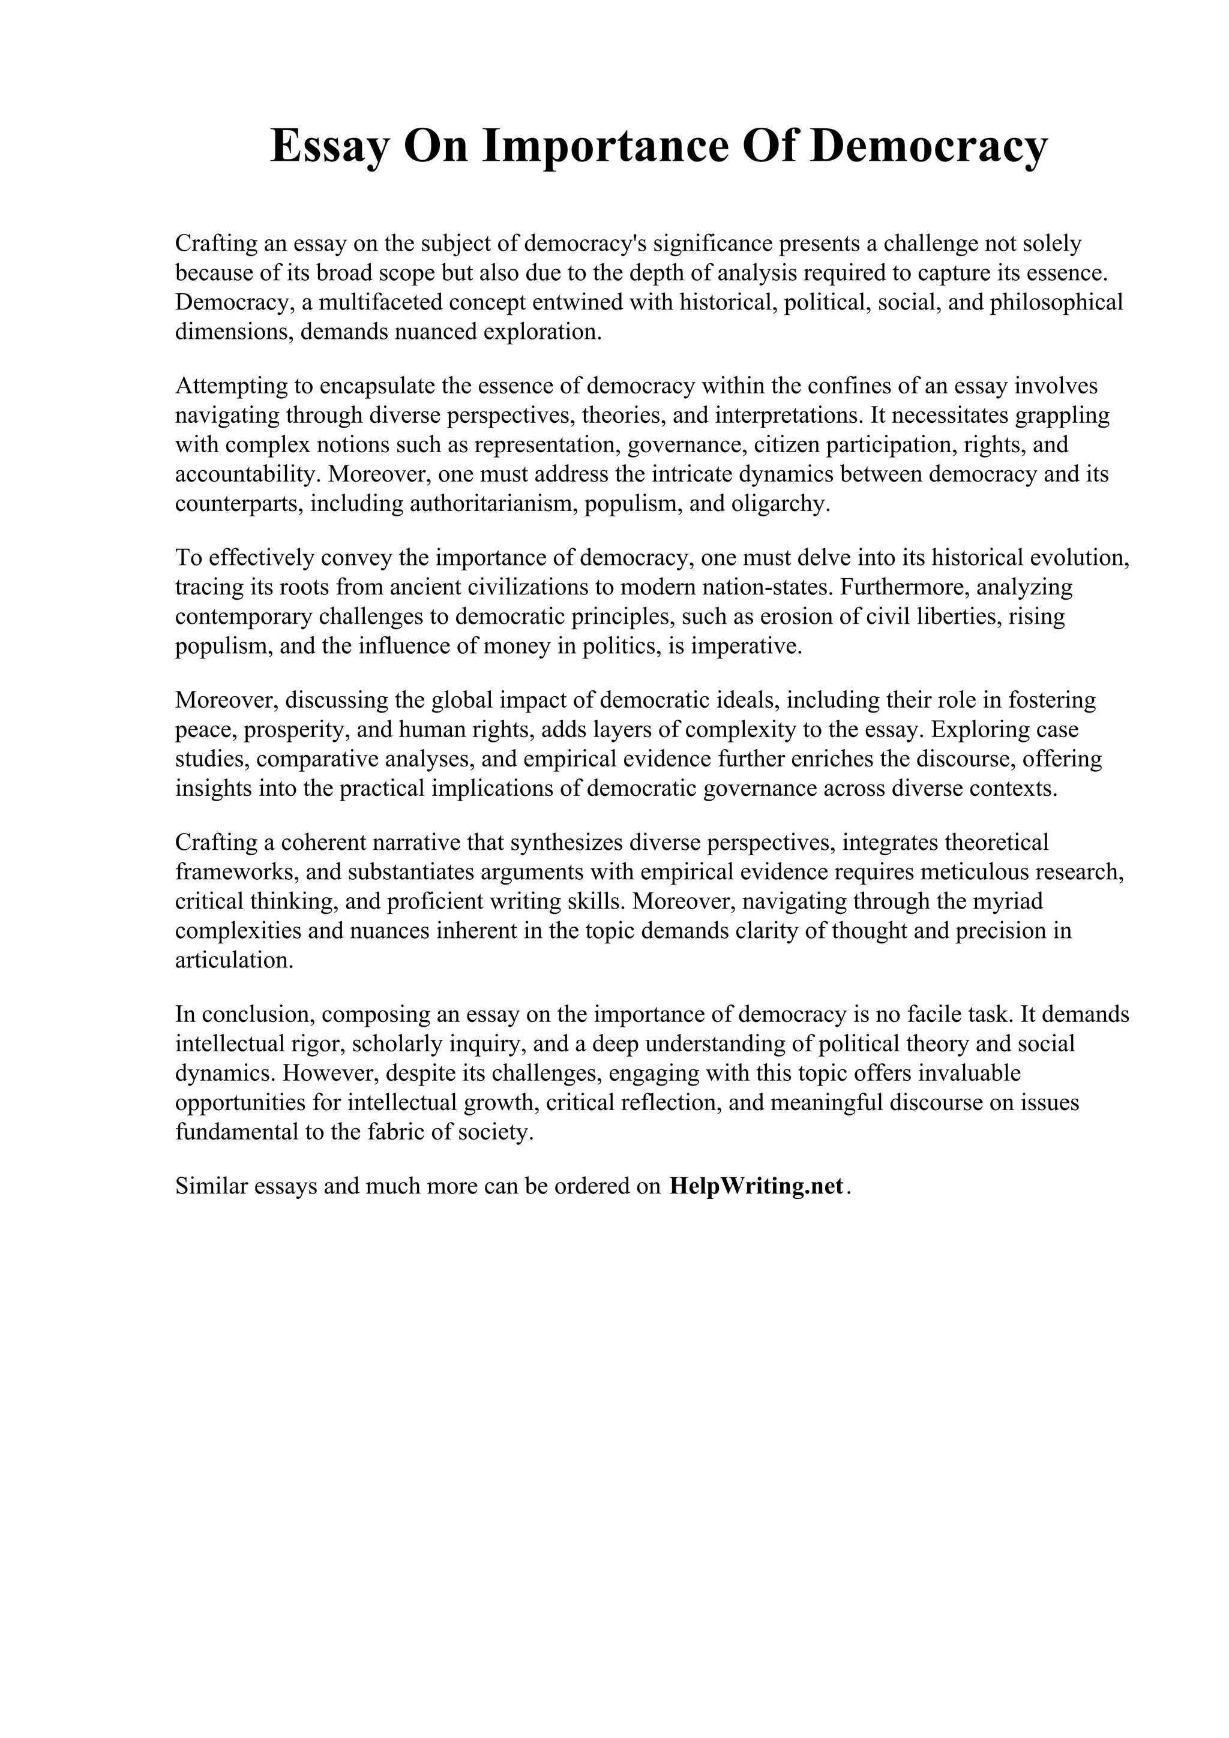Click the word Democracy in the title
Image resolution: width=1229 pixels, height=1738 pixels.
pyautogui.click(x=928, y=146)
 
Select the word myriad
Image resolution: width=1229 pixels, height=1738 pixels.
pyautogui.click(x=1007, y=901)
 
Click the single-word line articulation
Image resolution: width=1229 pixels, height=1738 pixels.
pyautogui.click(x=234, y=961)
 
